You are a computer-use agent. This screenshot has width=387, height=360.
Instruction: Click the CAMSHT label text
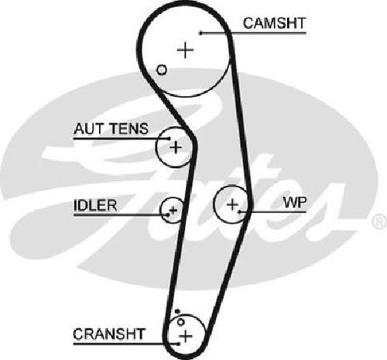(274, 23)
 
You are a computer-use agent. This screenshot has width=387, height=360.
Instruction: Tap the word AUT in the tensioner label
(87, 129)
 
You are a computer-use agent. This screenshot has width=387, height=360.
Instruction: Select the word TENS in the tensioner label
(128, 129)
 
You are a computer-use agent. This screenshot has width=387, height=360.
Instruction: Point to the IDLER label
(95, 205)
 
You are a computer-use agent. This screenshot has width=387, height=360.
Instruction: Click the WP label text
(295, 203)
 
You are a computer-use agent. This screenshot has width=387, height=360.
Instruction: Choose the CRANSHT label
(109, 334)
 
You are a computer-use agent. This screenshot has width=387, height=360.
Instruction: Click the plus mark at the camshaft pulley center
(185, 50)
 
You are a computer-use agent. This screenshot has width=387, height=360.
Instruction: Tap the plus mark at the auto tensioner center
(176, 147)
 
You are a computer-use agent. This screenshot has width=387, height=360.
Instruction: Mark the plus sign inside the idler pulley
(173, 210)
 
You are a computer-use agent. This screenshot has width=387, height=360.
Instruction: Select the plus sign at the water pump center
(232, 204)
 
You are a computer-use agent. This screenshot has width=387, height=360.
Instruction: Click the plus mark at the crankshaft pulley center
(186, 336)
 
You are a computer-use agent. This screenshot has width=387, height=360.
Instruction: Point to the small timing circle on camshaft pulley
(162, 70)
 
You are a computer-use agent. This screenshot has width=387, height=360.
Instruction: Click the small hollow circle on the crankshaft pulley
(180, 322)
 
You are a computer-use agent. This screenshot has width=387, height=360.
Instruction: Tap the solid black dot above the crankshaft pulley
(177, 311)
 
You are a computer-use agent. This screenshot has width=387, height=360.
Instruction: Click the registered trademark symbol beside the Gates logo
(379, 221)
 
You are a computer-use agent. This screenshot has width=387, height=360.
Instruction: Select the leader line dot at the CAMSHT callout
(200, 33)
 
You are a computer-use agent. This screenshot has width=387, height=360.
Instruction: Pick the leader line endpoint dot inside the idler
(168, 214)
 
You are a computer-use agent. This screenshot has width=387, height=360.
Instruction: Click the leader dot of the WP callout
(240, 212)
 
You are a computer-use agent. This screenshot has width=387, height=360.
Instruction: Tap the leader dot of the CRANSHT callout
(179, 344)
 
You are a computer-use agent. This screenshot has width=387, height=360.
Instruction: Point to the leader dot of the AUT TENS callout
(169, 139)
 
